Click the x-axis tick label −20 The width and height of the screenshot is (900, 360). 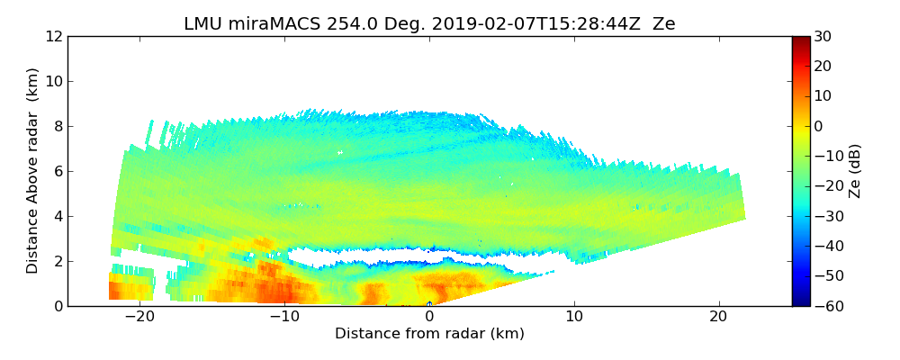[x=139, y=318]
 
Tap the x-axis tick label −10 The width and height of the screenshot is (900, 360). [x=284, y=318]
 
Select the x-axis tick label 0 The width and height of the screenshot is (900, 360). [x=429, y=318]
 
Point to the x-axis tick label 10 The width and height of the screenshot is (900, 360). [x=574, y=318]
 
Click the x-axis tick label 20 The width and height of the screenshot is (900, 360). [x=718, y=318]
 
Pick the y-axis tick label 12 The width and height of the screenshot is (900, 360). [x=53, y=37]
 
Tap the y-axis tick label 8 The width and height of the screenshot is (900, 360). [x=57, y=127]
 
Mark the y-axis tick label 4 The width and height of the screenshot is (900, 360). [x=57, y=217]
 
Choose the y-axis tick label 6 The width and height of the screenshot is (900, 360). [x=57, y=172]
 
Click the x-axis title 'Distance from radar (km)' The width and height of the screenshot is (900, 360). [x=429, y=334]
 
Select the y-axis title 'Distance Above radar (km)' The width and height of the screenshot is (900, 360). [x=33, y=171]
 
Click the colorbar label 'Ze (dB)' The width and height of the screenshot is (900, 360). [x=855, y=171]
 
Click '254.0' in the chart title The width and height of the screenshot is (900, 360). [x=332, y=24]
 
